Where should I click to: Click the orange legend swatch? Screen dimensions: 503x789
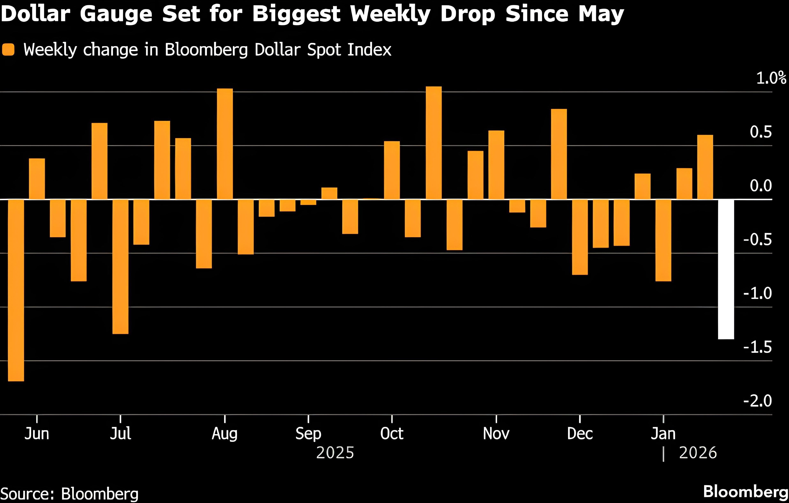(x=8, y=50)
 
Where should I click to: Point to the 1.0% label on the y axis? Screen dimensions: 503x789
(x=771, y=78)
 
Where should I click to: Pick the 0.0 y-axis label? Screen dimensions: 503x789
(x=760, y=186)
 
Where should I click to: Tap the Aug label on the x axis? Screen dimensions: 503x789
(x=224, y=434)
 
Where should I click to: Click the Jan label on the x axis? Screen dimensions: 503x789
(x=663, y=434)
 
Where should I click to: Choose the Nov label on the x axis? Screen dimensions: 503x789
(x=496, y=434)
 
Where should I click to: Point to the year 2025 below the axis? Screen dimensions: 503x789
(x=335, y=453)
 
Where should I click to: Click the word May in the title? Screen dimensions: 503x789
(x=601, y=14)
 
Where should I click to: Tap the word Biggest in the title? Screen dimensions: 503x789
(x=296, y=14)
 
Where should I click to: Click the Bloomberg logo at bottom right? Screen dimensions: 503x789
(x=745, y=491)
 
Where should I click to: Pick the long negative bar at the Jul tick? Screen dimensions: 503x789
(x=120, y=266)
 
